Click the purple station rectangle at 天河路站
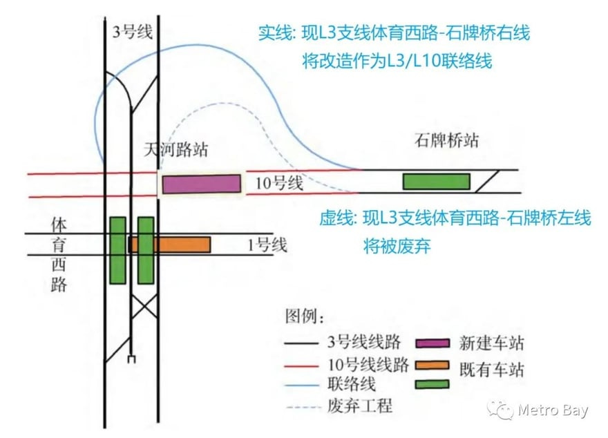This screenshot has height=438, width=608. [202, 184]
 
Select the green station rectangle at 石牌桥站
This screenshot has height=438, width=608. [436, 181]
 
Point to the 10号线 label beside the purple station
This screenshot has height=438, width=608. [279, 184]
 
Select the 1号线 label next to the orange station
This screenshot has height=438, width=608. [267, 245]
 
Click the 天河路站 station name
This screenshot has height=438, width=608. [175, 150]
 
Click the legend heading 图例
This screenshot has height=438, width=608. [304, 317]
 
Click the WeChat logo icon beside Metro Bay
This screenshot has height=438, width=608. [501, 410]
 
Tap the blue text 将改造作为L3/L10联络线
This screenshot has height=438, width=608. [397, 61]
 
